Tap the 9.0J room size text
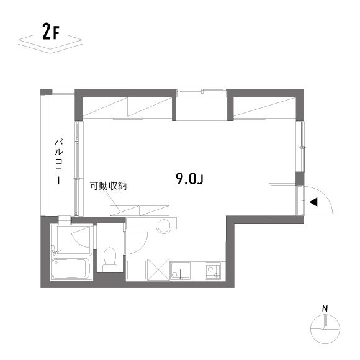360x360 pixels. coord(190,179)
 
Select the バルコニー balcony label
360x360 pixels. coord(58,163)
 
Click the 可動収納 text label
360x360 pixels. coord(108,186)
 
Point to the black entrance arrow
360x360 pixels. coord(314,202)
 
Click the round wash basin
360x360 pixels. coord(164,226)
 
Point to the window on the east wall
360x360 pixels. coord(302,146)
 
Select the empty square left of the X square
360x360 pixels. coord(137,271)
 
